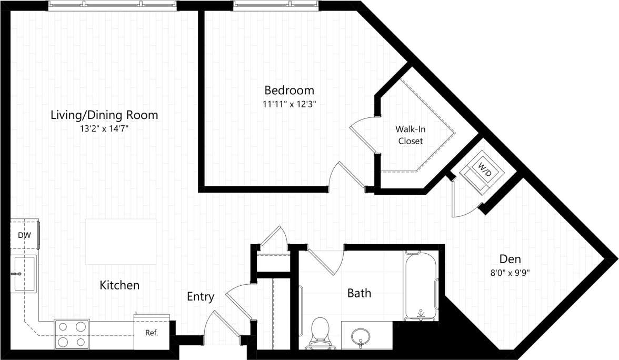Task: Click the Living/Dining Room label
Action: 104,115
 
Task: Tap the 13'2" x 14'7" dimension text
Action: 104,129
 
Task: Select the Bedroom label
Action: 289,90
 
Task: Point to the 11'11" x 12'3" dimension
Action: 289,104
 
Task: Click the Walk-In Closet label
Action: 411,135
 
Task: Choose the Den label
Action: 510,259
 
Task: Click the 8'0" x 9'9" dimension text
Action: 510,273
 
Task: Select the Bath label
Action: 359,293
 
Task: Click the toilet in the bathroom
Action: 320,332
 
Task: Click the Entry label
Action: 201,297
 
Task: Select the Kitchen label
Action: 119,285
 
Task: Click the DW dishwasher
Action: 24,235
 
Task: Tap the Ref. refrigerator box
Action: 152,332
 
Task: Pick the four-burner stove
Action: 72,334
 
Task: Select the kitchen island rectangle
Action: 121,242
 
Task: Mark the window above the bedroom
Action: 276,5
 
